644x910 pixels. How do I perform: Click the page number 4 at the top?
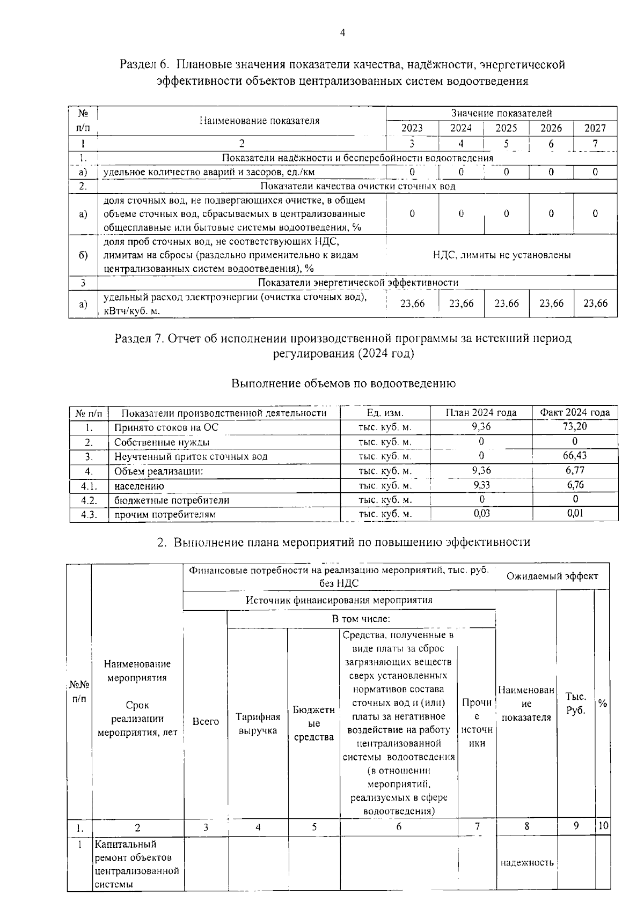[x=342, y=33]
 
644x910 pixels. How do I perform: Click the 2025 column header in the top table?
[x=506, y=128]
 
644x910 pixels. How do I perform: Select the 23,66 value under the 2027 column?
[x=595, y=304]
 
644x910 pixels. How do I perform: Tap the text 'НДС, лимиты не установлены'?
[x=502, y=255]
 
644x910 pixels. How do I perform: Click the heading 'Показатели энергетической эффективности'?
[x=358, y=283]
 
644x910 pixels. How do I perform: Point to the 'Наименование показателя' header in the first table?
[x=259, y=121]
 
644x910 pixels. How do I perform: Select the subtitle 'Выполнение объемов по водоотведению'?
[x=343, y=384]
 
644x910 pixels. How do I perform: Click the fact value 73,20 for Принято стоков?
[x=575, y=427]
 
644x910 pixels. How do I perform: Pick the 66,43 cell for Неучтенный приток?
[x=575, y=456]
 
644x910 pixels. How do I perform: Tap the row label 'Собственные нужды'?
[x=162, y=442]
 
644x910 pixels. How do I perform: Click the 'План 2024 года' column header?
[x=481, y=412]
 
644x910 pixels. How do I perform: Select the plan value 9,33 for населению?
[x=481, y=485]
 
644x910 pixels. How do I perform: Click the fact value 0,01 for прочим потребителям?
[x=575, y=513]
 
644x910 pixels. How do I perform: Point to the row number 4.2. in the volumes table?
[x=89, y=500]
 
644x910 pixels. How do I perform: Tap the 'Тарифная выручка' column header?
[x=258, y=724]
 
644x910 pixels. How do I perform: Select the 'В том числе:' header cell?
[x=361, y=619]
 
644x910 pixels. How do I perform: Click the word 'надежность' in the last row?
[x=526, y=863]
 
